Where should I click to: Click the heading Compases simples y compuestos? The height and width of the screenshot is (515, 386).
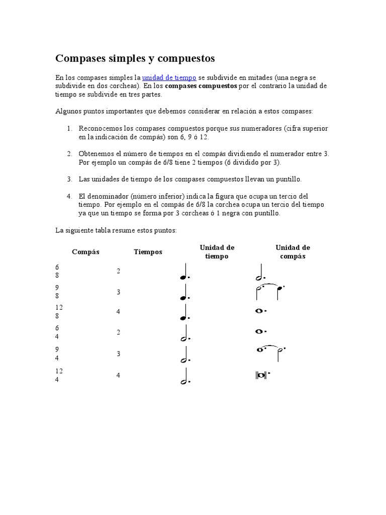coord(135,59)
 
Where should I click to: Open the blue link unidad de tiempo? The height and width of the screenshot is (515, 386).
coord(169,78)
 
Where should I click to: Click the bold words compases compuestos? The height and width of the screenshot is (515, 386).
coord(201,86)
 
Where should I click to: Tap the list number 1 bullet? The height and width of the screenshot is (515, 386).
coord(70,129)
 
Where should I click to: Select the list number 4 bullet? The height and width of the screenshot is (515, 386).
coord(70,196)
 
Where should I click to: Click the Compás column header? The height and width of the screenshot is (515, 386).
coord(85,252)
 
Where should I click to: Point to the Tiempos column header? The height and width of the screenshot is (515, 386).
coord(148,252)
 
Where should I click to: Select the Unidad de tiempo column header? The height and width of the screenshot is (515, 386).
coord(217,252)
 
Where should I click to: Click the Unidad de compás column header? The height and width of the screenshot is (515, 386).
coord(293,252)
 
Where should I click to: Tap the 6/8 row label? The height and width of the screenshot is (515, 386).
coord(57,272)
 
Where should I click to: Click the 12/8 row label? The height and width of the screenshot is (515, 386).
coord(59,312)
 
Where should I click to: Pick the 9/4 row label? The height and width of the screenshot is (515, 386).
coord(57,354)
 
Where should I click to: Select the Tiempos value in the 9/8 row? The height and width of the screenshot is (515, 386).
coord(119,292)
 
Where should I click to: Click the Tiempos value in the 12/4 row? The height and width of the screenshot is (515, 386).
coord(119,375)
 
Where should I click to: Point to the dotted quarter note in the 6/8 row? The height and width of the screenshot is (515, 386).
coord(185,272)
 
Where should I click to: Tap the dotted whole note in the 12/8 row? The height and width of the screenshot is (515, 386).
coord(260,311)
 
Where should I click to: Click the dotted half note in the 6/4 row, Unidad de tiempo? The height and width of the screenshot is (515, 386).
coord(185,334)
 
